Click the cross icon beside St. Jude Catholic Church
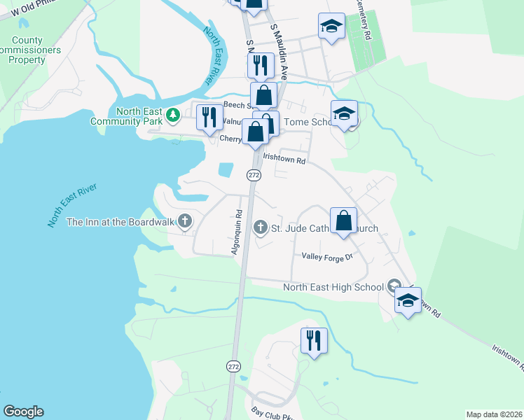pyautogui.click(x=261, y=227)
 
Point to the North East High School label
pyautogui.click(x=333, y=286)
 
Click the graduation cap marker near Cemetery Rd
pyautogui.click(x=331, y=27)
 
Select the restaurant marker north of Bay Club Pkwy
pyautogui.click(x=313, y=341)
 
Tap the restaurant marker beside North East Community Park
pyautogui.click(x=208, y=117)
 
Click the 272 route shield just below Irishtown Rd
pyautogui.click(x=254, y=175)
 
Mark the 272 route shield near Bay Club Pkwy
pyautogui.click(x=233, y=366)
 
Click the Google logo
pyautogui.click(x=24, y=412)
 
